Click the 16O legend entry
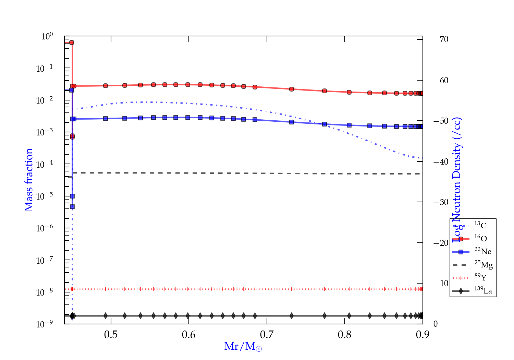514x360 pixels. tap(480, 238)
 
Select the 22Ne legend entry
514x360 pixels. tap(482, 251)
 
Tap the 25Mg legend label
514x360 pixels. tap(483, 264)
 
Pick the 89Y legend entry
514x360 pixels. tap(480, 277)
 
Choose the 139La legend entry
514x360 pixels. tap(483, 291)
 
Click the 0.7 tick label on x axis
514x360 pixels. tap(267, 335)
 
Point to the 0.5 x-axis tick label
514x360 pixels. tap(111, 335)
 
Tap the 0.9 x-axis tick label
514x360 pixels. tap(422, 335)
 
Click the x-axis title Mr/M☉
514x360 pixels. tap(243, 347)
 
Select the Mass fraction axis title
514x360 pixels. tap(29, 180)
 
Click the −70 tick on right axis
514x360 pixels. tap(441, 39)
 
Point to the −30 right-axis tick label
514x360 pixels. tap(441, 202)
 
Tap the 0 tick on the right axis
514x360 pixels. tap(436, 324)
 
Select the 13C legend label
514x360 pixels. tap(480, 225)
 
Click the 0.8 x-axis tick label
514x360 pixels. tap(344, 335)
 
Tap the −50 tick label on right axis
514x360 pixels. tap(441, 121)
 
